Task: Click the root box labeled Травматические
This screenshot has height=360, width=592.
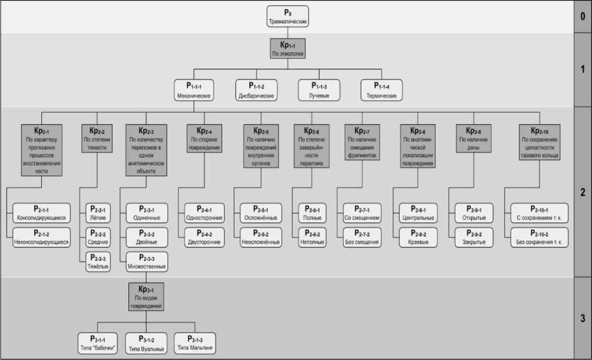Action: coord(288,16)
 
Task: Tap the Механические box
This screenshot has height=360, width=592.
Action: coord(193,91)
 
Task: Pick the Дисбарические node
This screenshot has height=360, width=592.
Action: coord(256,91)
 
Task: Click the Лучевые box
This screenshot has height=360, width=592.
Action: coord(319,91)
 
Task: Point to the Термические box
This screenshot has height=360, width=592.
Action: coord(382,91)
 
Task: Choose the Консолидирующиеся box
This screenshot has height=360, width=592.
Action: coord(41,213)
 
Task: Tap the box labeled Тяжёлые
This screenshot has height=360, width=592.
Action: coord(97,262)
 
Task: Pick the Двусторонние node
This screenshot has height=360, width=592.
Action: coord(204,237)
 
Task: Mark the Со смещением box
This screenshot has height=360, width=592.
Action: coord(361,213)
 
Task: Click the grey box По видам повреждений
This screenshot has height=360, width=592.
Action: coord(146,296)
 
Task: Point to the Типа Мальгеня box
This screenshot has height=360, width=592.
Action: coord(195,343)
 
